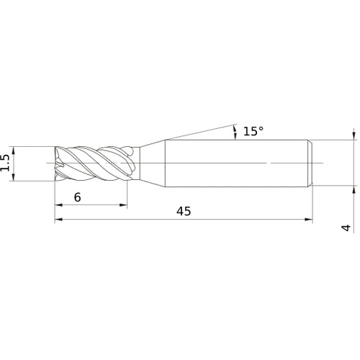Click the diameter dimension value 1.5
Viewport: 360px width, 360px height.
click(x=6, y=163)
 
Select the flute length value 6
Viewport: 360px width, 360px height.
click(x=77, y=197)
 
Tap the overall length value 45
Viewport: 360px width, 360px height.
click(x=183, y=212)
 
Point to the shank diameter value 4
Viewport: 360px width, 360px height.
click(x=347, y=228)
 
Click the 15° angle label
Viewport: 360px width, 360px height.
click(x=253, y=131)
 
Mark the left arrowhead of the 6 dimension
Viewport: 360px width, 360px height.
click(x=58, y=205)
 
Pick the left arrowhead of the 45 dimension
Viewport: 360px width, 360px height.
click(x=58, y=220)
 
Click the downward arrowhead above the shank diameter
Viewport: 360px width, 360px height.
click(x=354, y=135)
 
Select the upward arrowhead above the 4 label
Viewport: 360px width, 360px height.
click(x=354, y=192)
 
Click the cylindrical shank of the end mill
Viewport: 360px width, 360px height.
click(x=238, y=163)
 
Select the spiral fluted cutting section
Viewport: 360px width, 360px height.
click(x=94, y=163)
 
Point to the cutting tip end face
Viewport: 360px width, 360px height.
click(x=58, y=163)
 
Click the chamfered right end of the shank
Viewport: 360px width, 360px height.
click(x=311, y=163)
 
